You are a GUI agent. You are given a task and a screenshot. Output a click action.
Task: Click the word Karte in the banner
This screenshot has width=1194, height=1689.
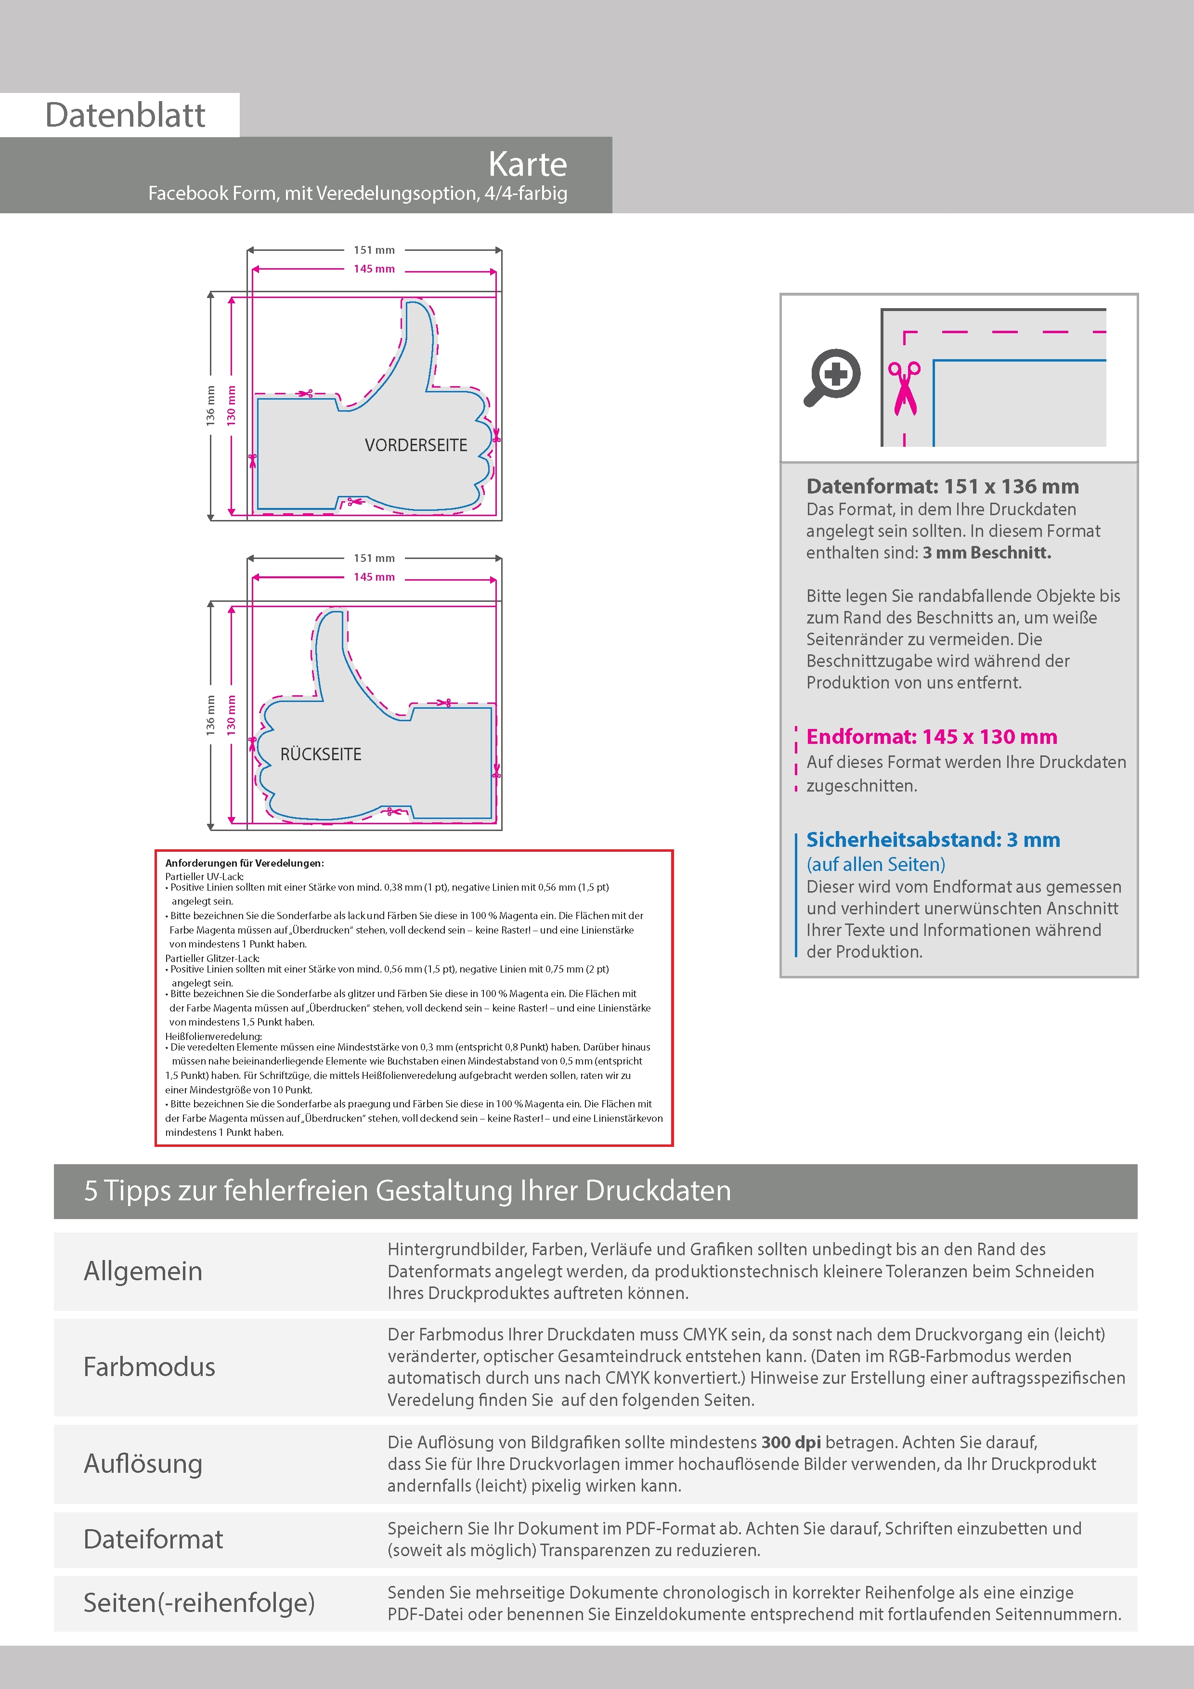(528, 164)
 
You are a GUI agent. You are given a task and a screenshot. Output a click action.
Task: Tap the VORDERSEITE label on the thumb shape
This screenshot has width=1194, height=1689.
(415, 445)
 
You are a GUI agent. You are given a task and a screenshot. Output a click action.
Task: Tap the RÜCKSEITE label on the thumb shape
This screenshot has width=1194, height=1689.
(321, 754)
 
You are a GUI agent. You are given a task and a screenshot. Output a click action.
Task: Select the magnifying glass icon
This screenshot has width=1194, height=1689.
(832, 377)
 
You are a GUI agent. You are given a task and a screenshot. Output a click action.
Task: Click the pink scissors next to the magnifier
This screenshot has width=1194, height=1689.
(904, 388)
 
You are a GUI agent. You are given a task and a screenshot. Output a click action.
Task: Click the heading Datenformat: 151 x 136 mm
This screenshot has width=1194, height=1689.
(942, 486)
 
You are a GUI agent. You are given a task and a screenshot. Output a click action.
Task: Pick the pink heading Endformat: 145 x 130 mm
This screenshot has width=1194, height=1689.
(931, 736)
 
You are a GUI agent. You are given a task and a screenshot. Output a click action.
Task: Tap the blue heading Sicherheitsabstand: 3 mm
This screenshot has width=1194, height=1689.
(933, 839)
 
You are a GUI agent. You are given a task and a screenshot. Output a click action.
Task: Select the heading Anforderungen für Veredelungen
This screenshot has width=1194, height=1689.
(244, 863)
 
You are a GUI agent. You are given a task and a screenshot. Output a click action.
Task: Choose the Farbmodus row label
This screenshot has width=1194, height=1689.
(149, 1366)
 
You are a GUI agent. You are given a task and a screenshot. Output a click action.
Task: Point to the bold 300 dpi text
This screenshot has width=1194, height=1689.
(791, 1442)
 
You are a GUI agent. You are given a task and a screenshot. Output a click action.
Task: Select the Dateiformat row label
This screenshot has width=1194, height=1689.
(153, 1539)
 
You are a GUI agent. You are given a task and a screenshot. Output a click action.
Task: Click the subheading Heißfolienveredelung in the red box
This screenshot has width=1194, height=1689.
(213, 1036)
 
